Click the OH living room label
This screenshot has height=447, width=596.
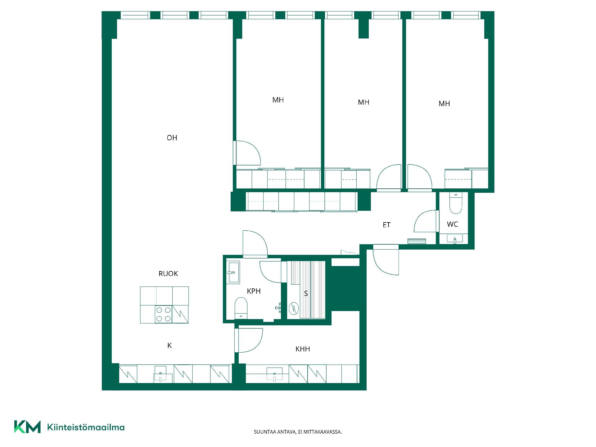(x=172, y=138)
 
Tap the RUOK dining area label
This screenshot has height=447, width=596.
(x=168, y=273)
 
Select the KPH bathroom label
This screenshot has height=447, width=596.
(x=254, y=291)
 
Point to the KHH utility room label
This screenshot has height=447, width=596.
(x=303, y=349)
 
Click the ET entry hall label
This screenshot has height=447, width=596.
(x=386, y=225)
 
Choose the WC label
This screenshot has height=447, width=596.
(x=452, y=224)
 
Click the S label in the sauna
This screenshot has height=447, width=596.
(x=306, y=293)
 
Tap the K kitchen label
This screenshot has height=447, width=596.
(x=169, y=345)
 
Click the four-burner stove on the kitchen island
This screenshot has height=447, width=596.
(x=164, y=314)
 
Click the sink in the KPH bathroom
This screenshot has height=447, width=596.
(x=233, y=272)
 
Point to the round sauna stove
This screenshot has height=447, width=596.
(x=293, y=308)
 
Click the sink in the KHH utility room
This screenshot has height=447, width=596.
(x=274, y=374)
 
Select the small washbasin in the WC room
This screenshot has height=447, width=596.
(x=455, y=239)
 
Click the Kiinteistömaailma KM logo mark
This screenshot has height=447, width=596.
(x=27, y=427)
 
